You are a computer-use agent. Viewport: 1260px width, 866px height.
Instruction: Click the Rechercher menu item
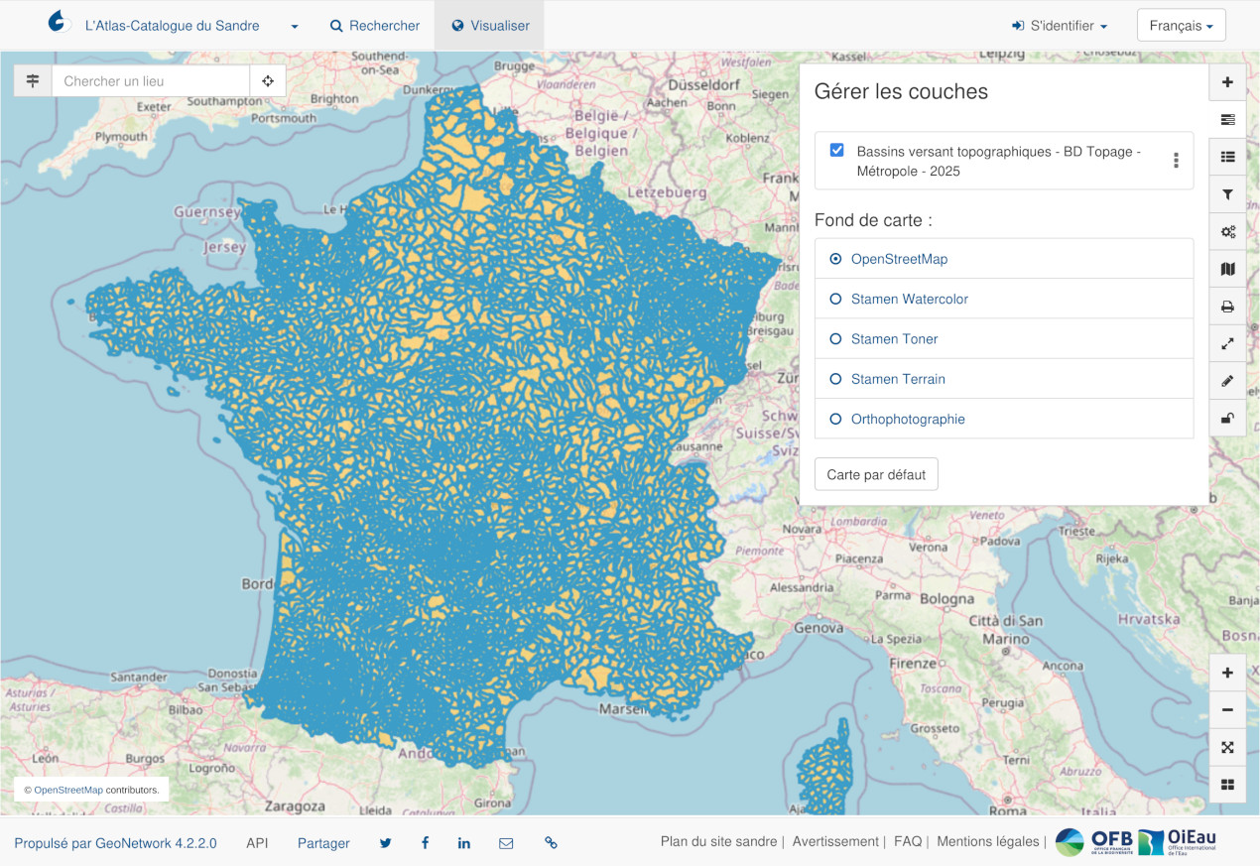tap(375, 26)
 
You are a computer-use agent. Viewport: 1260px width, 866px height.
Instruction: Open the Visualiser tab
tap(490, 26)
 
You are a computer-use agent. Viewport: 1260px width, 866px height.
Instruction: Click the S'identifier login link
tap(1059, 26)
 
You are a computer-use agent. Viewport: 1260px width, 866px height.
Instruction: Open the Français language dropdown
tap(1181, 26)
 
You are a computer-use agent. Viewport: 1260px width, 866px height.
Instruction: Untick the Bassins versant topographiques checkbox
tap(836, 151)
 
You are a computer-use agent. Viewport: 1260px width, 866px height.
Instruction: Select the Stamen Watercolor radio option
tap(835, 299)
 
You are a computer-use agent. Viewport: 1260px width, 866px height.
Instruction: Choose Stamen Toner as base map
tap(835, 339)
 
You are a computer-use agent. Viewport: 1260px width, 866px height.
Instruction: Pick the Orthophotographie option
tap(835, 419)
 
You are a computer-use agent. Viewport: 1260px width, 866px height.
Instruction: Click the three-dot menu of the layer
tap(1176, 161)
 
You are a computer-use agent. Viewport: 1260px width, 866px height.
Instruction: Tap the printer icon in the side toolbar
tap(1227, 307)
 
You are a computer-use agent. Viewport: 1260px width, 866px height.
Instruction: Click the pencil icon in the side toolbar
tap(1227, 381)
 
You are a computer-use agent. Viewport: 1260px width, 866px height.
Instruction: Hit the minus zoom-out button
tap(1227, 710)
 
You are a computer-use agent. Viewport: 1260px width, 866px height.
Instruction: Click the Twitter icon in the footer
tap(385, 843)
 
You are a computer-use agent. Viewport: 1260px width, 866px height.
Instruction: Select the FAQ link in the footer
tap(907, 841)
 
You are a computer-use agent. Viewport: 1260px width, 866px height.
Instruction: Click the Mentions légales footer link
tap(987, 841)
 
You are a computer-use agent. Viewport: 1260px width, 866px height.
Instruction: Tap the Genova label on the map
tap(819, 628)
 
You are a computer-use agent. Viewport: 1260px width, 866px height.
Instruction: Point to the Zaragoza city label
tap(295, 806)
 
